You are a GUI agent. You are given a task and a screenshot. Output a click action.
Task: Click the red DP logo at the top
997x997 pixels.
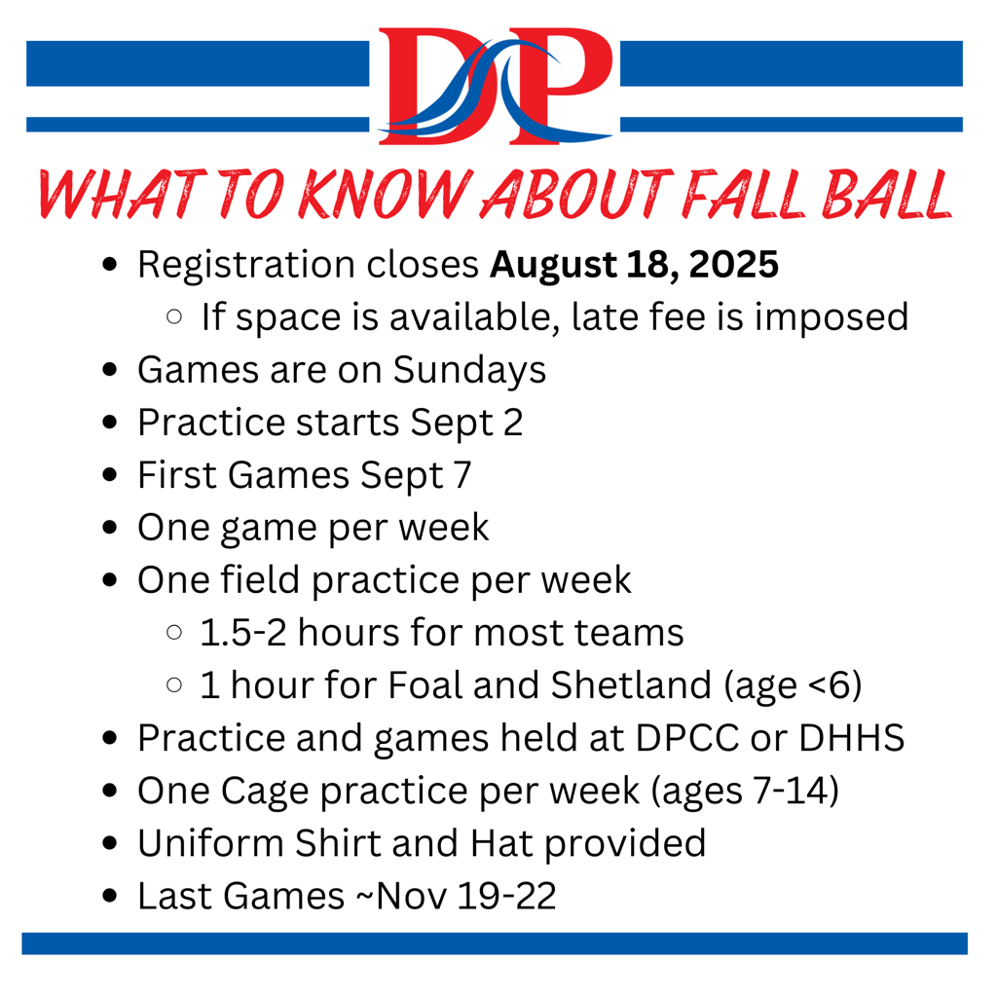(496, 86)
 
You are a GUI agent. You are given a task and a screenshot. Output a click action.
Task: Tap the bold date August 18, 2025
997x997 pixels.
(634, 265)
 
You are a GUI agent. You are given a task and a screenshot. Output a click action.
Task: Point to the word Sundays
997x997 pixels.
(469, 370)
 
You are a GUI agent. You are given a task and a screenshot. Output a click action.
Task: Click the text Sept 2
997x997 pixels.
(466, 423)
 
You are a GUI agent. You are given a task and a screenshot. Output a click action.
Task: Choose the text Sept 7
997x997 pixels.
(416, 475)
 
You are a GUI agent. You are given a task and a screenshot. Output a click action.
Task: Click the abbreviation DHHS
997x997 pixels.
(851, 738)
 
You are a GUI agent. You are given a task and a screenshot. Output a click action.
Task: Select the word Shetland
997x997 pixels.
(631, 684)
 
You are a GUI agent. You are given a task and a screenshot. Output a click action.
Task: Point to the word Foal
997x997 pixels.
(425, 684)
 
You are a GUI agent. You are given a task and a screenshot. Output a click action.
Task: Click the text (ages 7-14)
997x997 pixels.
(745, 792)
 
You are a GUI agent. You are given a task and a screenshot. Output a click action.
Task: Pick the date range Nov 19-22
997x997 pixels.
(466, 896)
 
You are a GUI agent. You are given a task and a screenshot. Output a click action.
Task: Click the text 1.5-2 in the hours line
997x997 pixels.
(243, 633)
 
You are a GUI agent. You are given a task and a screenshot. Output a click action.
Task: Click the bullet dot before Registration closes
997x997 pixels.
(110, 265)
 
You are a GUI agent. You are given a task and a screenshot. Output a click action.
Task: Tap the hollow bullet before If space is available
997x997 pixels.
(174, 316)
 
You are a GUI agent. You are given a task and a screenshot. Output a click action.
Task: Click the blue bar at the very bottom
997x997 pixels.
(495, 943)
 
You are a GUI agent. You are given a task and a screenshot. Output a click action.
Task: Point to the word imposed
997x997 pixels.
(831, 317)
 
